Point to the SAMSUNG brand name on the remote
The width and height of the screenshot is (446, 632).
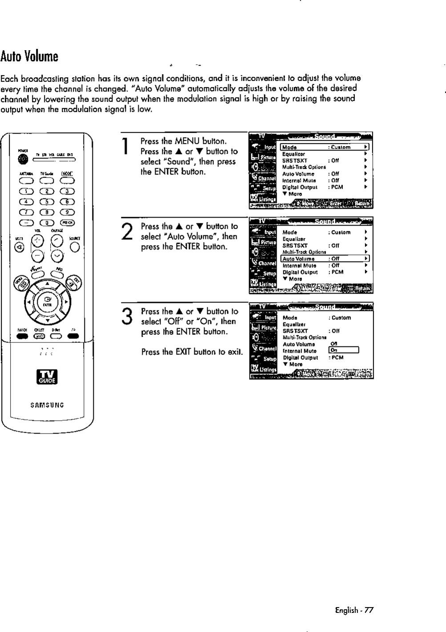click(x=47, y=405)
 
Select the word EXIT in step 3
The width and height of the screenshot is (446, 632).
click(x=184, y=352)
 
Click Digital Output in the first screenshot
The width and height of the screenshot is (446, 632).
click(x=300, y=187)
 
